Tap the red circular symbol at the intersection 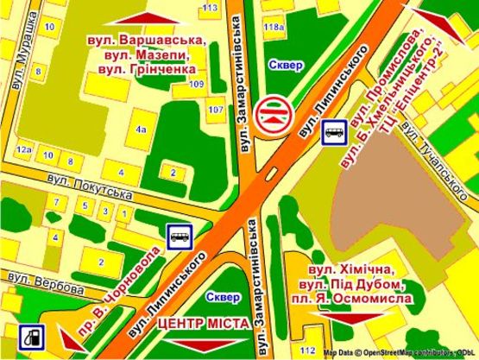pyautogui.click(x=274, y=112)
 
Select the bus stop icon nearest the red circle pyautogui.click(x=335, y=133)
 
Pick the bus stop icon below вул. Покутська pyautogui.click(x=179, y=234)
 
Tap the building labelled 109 pyautogui.click(x=197, y=84)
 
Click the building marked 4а pyautogui.click(x=141, y=129)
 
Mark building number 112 pyautogui.click(x=308, y=350)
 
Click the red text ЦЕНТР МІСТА pyautogui.click(x=204, y=323)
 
